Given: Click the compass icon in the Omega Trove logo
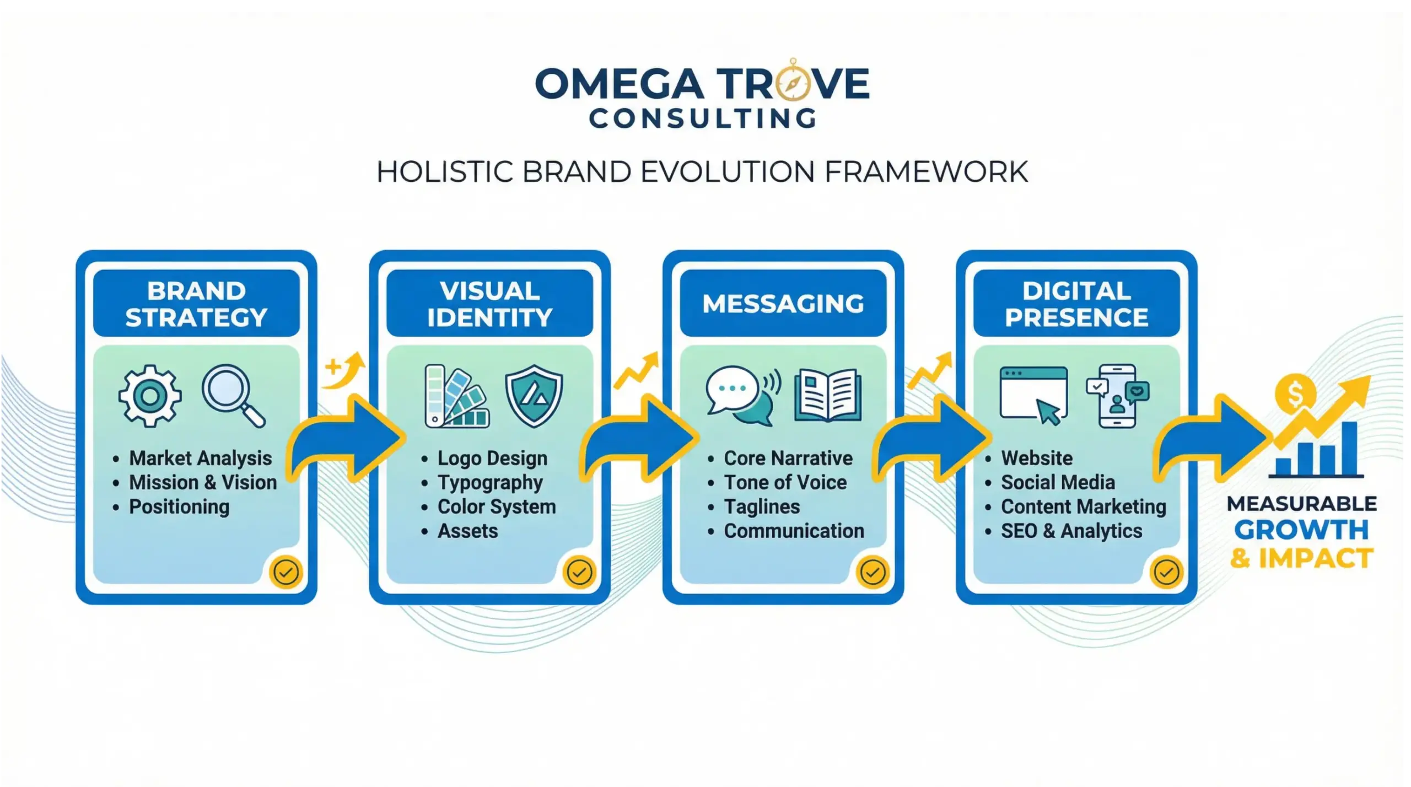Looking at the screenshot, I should [793, 83].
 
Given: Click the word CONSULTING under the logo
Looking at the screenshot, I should [703, 118].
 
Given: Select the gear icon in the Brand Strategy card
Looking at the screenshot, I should [149, 396].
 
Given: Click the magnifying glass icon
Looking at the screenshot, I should [233, 395].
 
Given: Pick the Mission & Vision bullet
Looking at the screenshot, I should [202, 482].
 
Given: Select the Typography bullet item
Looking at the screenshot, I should [490, 482].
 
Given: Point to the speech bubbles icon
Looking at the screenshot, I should [743, 395].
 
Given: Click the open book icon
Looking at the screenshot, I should [828, 395].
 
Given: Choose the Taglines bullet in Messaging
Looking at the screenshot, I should [761, 506].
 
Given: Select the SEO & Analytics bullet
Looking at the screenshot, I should [1071, 531].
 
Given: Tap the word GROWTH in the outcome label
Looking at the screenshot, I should [1301, 530].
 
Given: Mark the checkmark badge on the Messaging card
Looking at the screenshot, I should [873, 572].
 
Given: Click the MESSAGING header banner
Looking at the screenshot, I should [783, 303].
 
